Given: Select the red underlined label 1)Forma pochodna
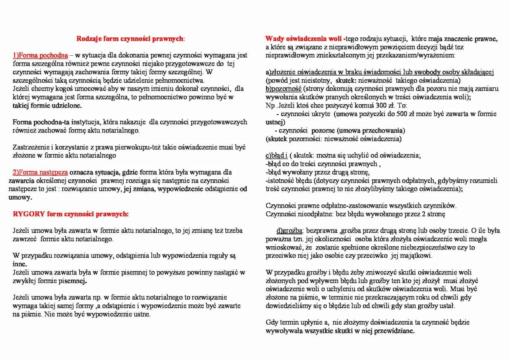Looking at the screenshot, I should coord(41,55).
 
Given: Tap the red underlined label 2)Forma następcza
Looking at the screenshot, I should coord(40,172).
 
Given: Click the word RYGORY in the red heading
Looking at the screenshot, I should coord(29,214).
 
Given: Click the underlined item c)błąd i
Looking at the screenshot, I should coord(276,156).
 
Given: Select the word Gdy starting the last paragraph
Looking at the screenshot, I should coord(272,323).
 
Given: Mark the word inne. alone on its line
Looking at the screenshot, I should coord(20,264).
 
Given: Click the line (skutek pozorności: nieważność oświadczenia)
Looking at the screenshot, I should coord(333,139).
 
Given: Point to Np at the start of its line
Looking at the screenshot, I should coord(270,105).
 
